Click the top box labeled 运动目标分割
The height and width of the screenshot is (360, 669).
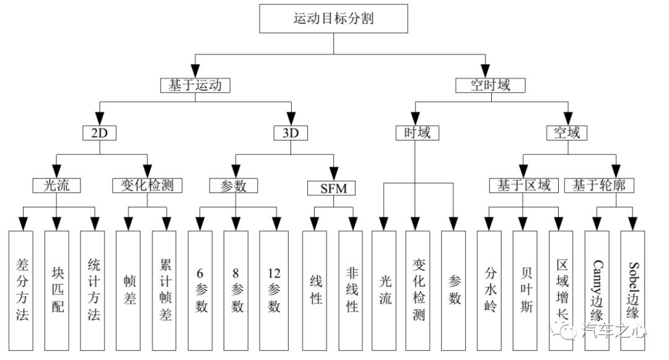tap(334, 19)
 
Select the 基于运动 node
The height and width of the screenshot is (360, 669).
tap(195, 86)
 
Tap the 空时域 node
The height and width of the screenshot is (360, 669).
tap(490, 86)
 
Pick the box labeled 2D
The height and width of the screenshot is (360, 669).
tap(99, 133)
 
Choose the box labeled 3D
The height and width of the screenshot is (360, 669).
tap(291, 133)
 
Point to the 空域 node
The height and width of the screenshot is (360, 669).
tap(567, 133)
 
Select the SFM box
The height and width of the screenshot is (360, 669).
tap(331, 188)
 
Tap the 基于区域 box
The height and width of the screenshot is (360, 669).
tap(524, 185)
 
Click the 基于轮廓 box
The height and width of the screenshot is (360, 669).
tap(599, 185)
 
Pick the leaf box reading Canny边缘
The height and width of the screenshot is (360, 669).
tap(597, 291)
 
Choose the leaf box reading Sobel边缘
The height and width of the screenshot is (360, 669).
tap(632, 291)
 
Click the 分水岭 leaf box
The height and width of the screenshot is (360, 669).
tap(489, 291)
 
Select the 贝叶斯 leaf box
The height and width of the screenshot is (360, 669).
tap(525, 291)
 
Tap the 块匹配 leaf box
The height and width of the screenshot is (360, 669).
tap(57, 291)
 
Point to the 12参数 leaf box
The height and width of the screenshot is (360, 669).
tap(274, 291)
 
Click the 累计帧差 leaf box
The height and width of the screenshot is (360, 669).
tap(164, 291)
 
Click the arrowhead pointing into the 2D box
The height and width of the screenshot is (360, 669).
tap(100, 119)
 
